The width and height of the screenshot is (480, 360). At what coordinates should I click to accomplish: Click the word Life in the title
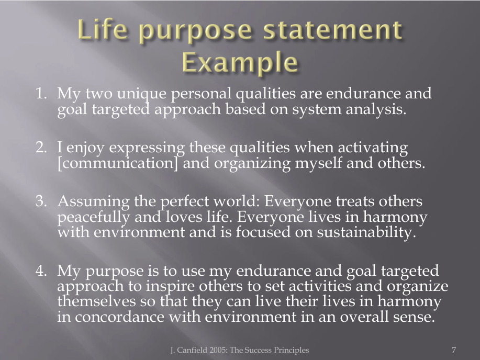click(x=103, y=30)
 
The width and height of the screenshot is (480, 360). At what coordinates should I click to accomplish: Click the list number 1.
click(x=41, y=93)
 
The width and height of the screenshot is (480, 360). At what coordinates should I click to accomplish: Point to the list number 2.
click(x=41, y=147)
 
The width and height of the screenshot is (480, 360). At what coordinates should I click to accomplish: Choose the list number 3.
click(x=41, y=201)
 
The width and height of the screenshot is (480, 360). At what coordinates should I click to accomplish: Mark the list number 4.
click(x=41, y=271)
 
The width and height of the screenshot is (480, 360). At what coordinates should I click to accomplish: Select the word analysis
click(x=376, y=109)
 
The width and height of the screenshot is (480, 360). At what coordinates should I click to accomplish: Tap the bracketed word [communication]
click(x=118, y=163)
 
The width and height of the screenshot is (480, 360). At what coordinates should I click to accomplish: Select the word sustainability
click(x=366, y=232)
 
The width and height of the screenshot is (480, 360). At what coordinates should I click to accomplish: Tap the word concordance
click(x=119, y=317)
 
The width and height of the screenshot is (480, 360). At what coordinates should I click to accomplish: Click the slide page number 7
click(x=454, y=350)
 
